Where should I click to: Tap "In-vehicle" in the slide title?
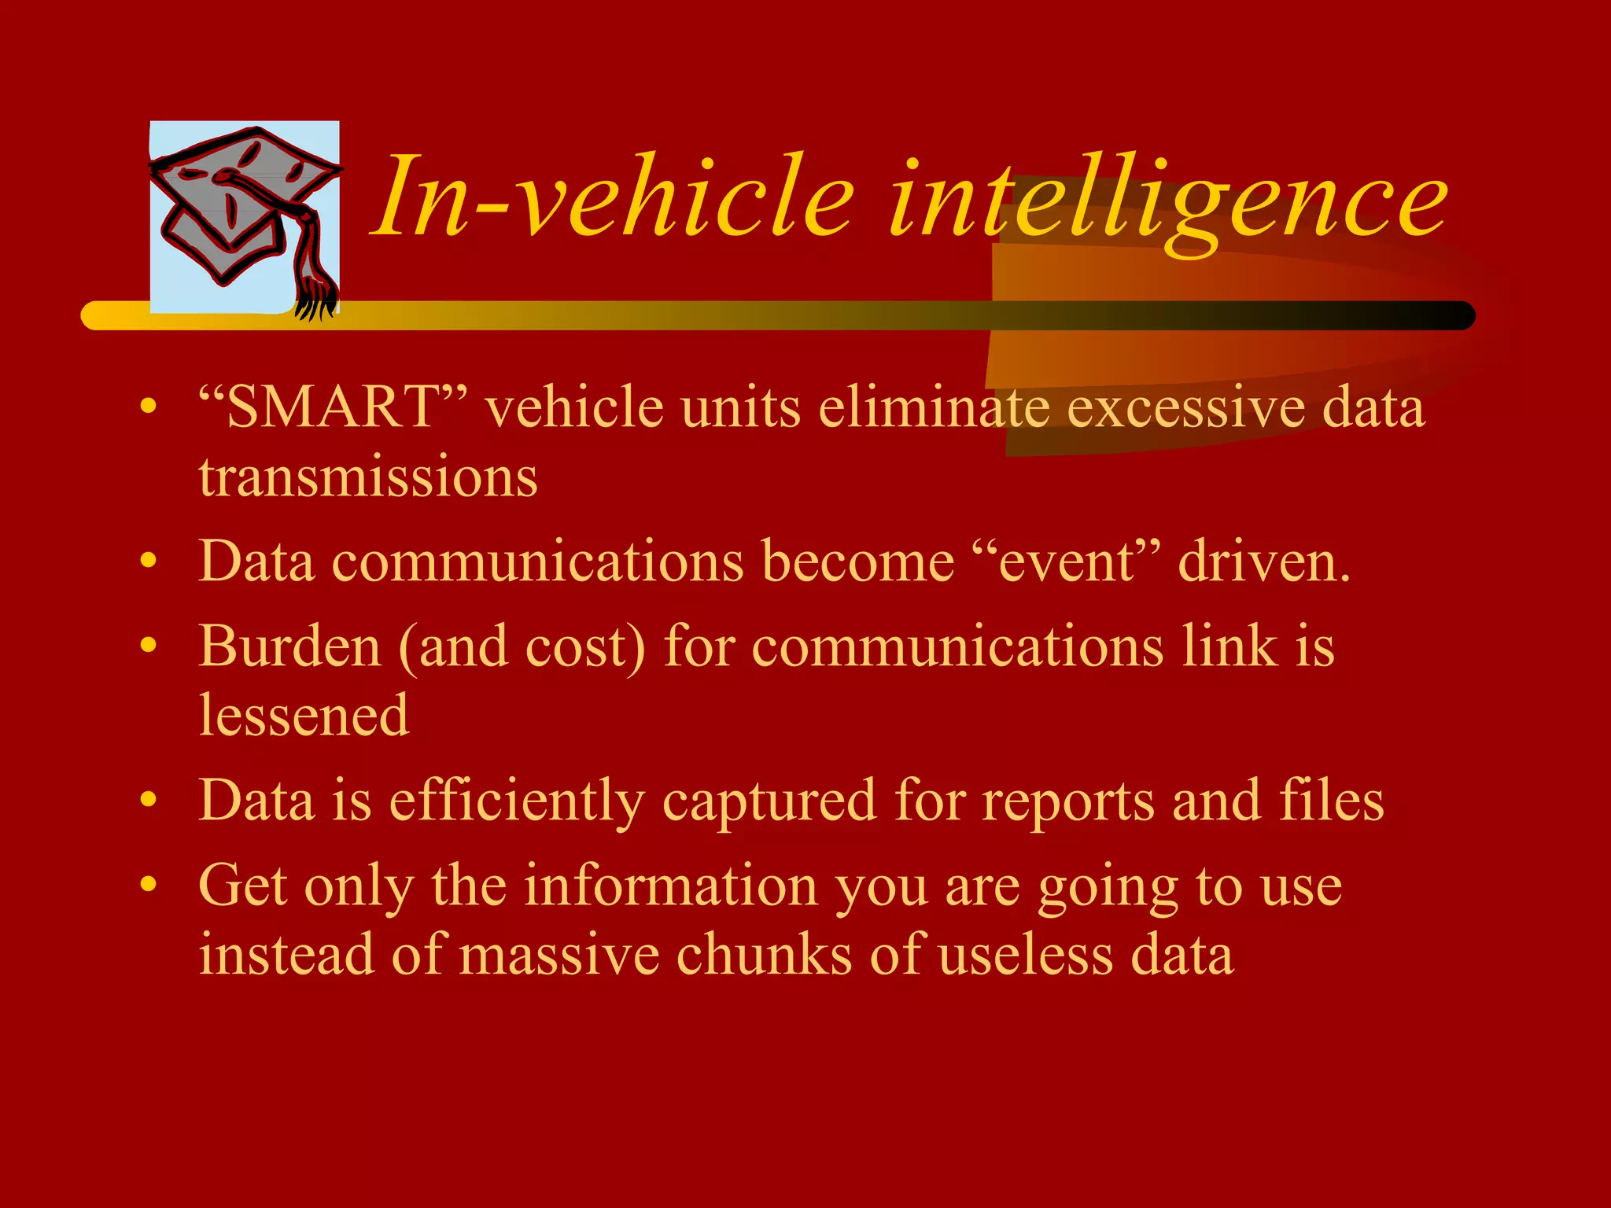click(x=614, y=197)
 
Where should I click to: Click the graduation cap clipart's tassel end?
click(x=315, y=299)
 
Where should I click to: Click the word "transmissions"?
click(x=368, y=477)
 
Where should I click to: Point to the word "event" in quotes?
click(x=1066, y=562)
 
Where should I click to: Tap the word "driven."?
click(x=1264, y=562)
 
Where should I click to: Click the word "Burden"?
click(x=289, y=646)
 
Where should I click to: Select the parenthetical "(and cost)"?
click(x=522, y=646)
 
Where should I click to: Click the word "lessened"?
click(x=304, y=716)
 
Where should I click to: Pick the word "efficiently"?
click(x=517, y=801)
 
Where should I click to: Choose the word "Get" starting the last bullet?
click(x=242, y=886)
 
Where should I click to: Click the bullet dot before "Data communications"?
click(x=148, y=562)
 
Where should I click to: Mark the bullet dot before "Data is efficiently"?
click(x=148, y=801)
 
